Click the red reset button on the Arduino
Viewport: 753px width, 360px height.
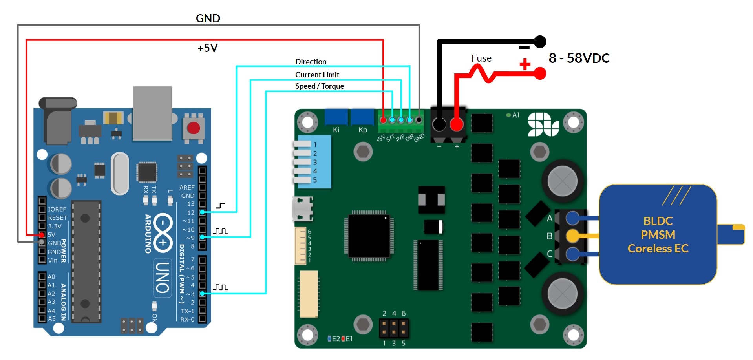193,128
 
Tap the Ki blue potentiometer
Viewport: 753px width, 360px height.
336,117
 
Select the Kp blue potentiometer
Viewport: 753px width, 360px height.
362,117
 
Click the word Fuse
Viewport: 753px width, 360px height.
481,58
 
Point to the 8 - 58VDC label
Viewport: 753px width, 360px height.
579,58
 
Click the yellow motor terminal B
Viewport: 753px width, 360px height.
573,236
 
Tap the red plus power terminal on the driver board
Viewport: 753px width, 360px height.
456,125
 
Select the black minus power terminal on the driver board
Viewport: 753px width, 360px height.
439,125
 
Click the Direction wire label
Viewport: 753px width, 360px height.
311,62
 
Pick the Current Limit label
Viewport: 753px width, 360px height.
317,75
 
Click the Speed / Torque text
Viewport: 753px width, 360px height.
319,86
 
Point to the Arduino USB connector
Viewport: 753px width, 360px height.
152,112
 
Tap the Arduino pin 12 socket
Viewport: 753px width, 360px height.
202,212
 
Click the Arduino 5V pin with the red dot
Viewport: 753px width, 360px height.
42,235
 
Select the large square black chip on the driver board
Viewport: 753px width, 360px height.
369,236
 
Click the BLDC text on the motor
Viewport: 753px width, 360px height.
658,221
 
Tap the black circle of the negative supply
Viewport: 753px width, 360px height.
540,41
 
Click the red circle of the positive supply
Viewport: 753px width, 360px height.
540,73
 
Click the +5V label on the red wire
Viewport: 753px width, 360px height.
207,48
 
